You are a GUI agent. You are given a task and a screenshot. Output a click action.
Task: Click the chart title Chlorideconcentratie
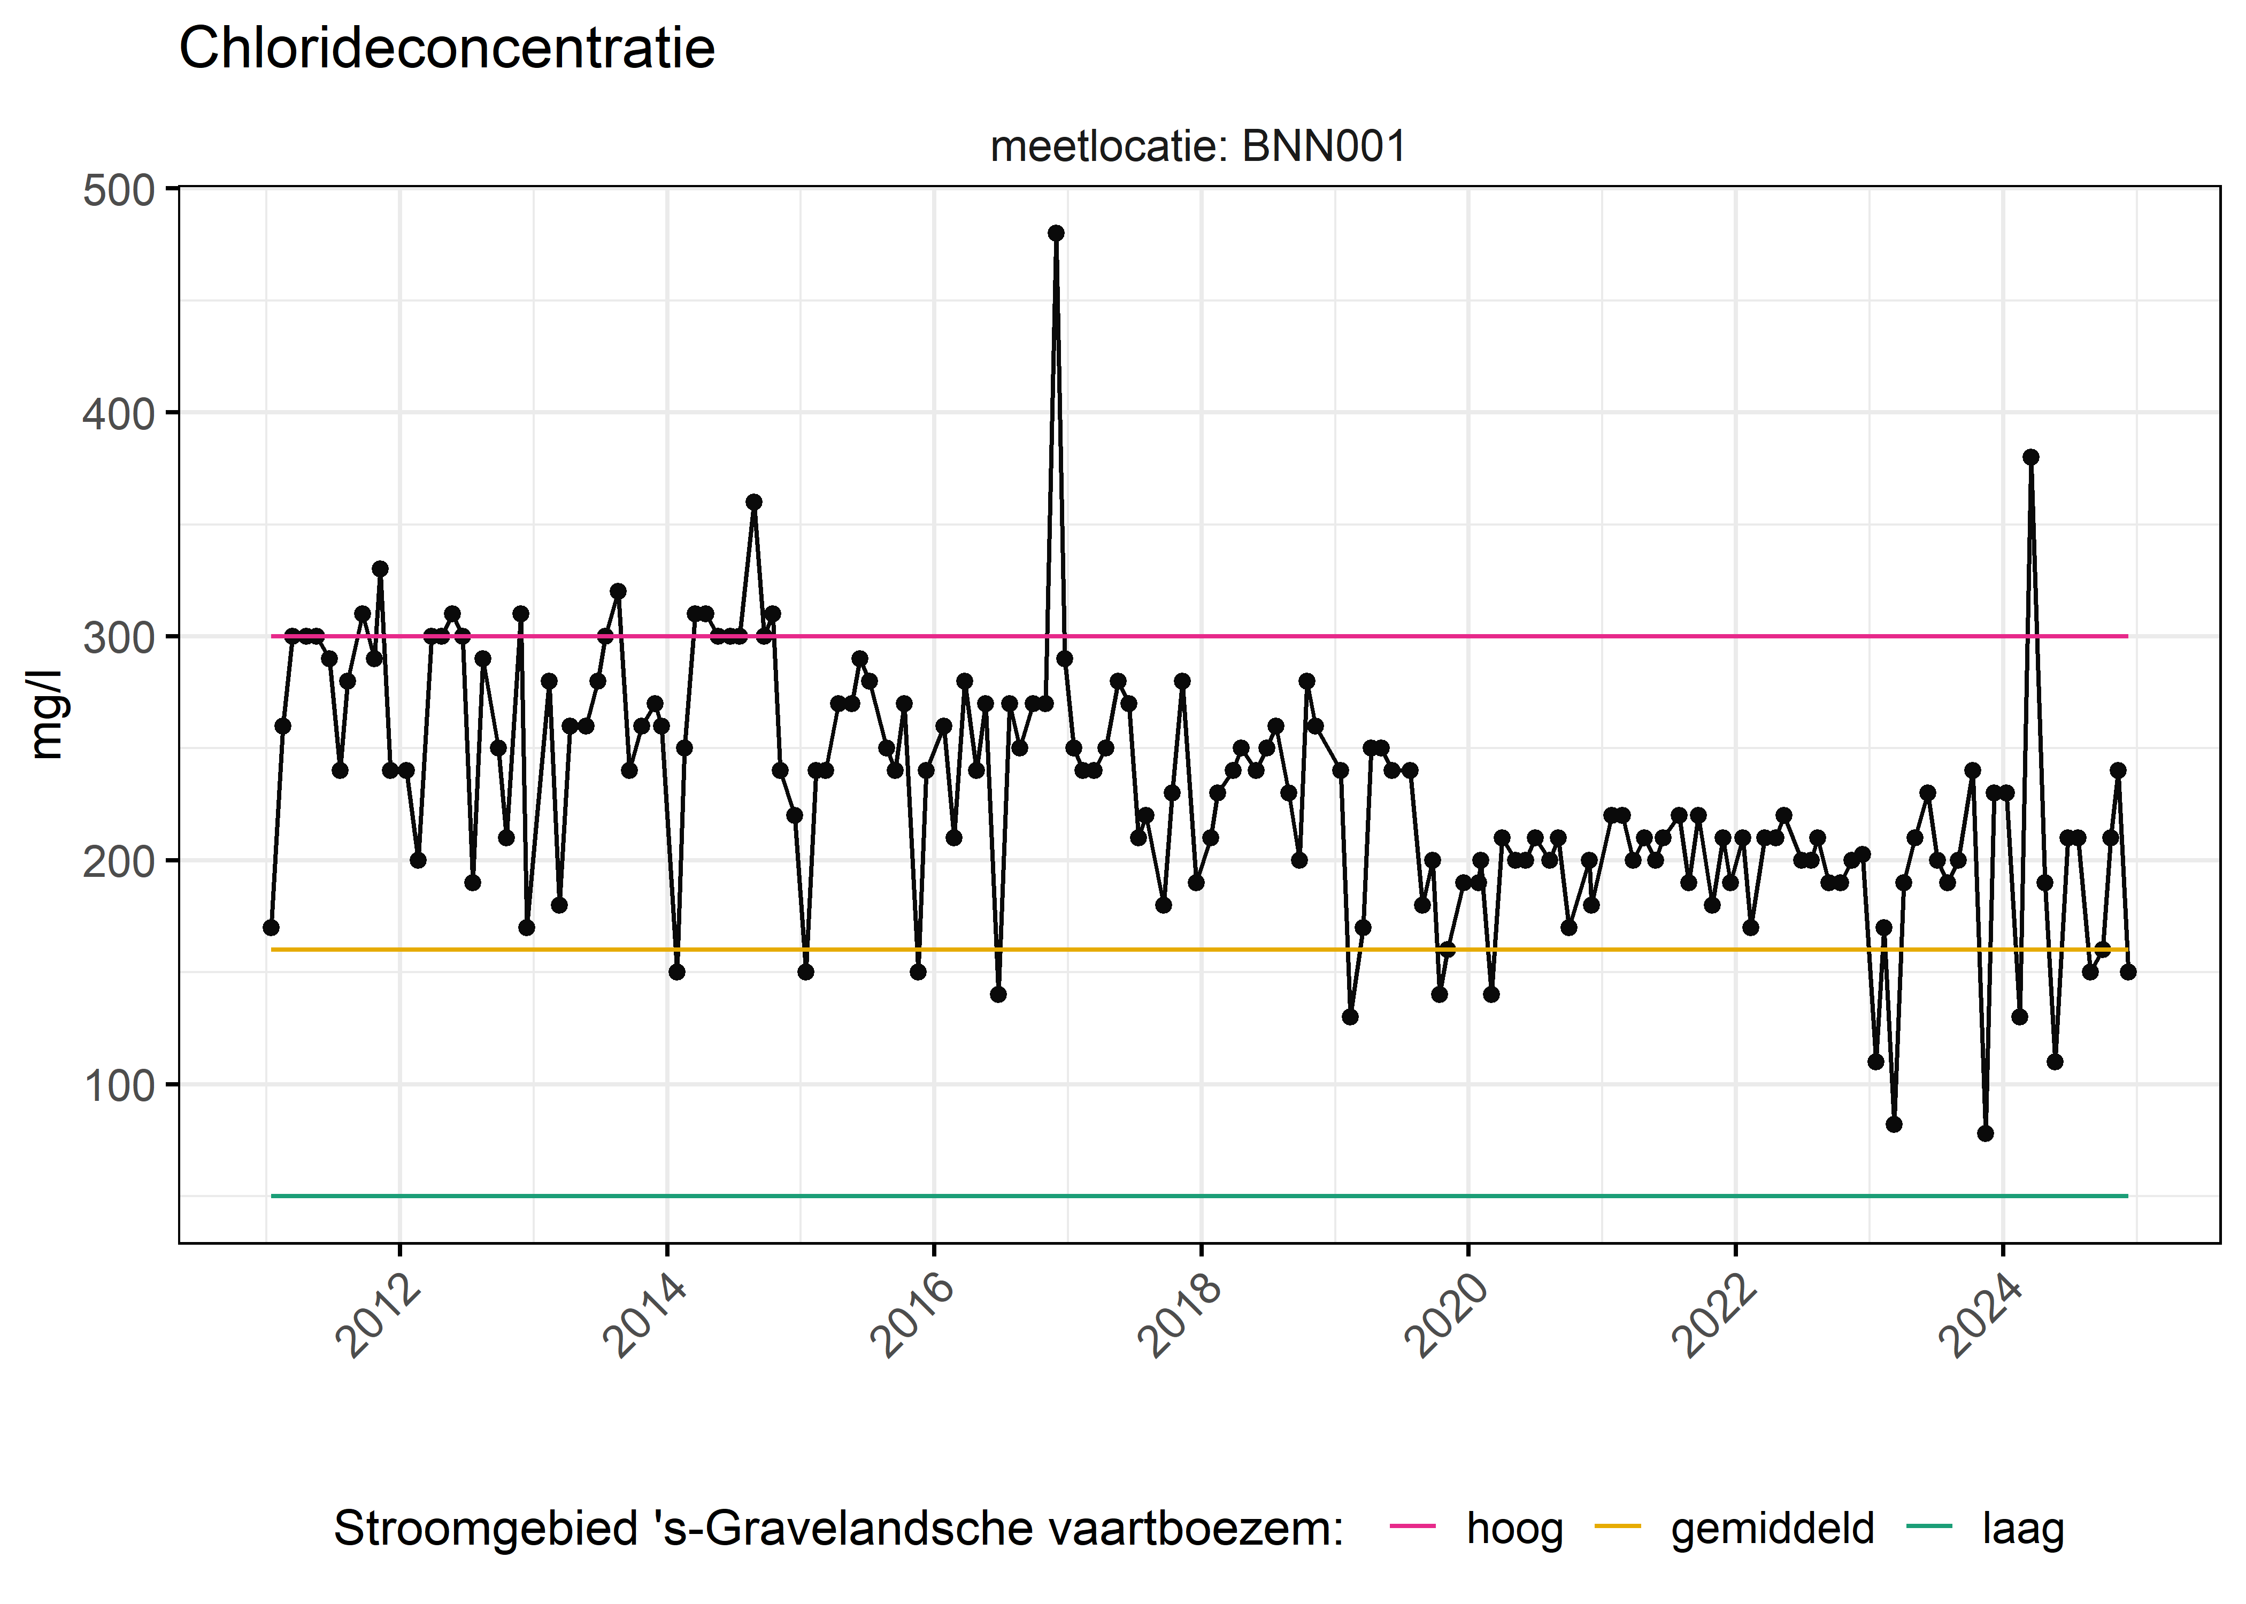tap(447, 49)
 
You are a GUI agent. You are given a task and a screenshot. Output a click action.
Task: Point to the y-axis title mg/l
tap(47, 714)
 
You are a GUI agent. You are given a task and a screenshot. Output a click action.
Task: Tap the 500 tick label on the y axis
tap(119, 191)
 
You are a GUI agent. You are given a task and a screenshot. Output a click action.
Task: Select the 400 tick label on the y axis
tap(119, 414)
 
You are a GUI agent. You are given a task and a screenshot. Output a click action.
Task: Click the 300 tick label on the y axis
tap(119, 638)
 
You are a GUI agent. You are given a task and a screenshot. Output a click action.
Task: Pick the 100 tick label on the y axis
tap(119, 1085)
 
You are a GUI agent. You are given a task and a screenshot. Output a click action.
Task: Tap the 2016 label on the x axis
tap(913, 1316)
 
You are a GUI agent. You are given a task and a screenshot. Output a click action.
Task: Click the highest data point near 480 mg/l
tap(1056, 233)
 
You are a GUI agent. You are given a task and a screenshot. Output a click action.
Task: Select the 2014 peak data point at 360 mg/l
tap(753, 502)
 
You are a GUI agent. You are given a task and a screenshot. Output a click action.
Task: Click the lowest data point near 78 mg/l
tap(1985, 1133)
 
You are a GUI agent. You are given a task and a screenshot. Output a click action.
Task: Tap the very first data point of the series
tap(271, 928)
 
